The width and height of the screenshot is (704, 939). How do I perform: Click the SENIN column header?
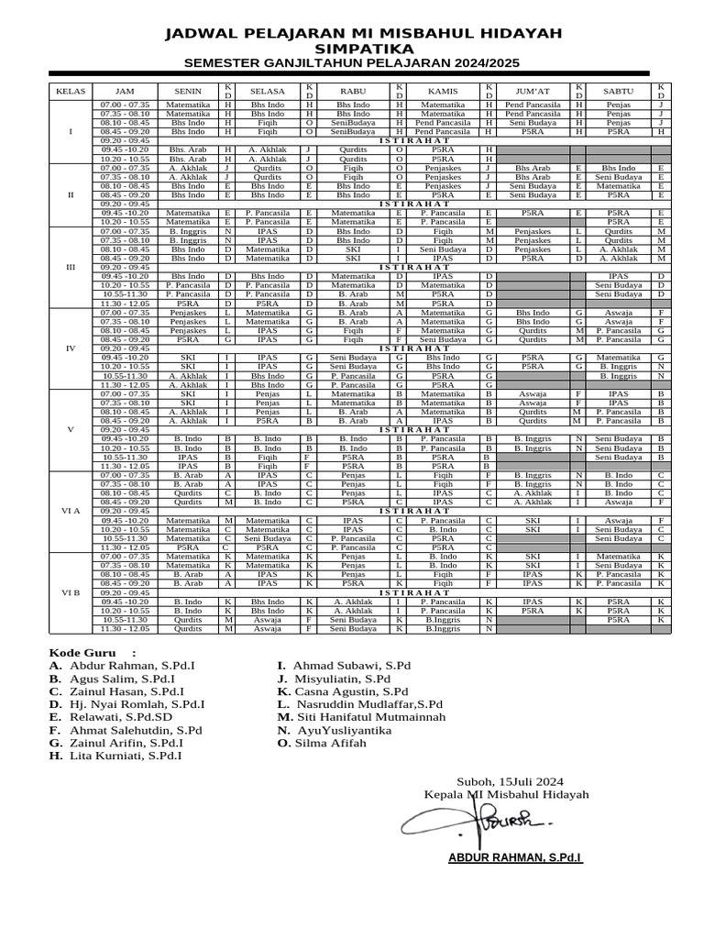click(x=188, y=92)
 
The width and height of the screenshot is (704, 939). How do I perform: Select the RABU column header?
click(x=353, y=92)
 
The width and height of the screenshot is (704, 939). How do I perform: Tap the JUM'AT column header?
click(x=533, y=92)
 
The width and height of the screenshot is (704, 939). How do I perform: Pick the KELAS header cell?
click(x=71, y=92)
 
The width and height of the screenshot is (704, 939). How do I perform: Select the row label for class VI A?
click(x=71, y=511)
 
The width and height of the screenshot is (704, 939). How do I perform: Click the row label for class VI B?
click(x=71, y=592)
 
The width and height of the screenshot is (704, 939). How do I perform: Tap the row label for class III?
click(x=71, y=267)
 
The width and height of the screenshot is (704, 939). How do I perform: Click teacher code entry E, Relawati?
click(x=111, y=717)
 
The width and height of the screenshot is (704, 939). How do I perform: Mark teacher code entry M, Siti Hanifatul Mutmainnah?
click(x=361, y=717)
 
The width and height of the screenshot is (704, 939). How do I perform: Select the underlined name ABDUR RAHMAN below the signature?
click(x=514, y=858)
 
